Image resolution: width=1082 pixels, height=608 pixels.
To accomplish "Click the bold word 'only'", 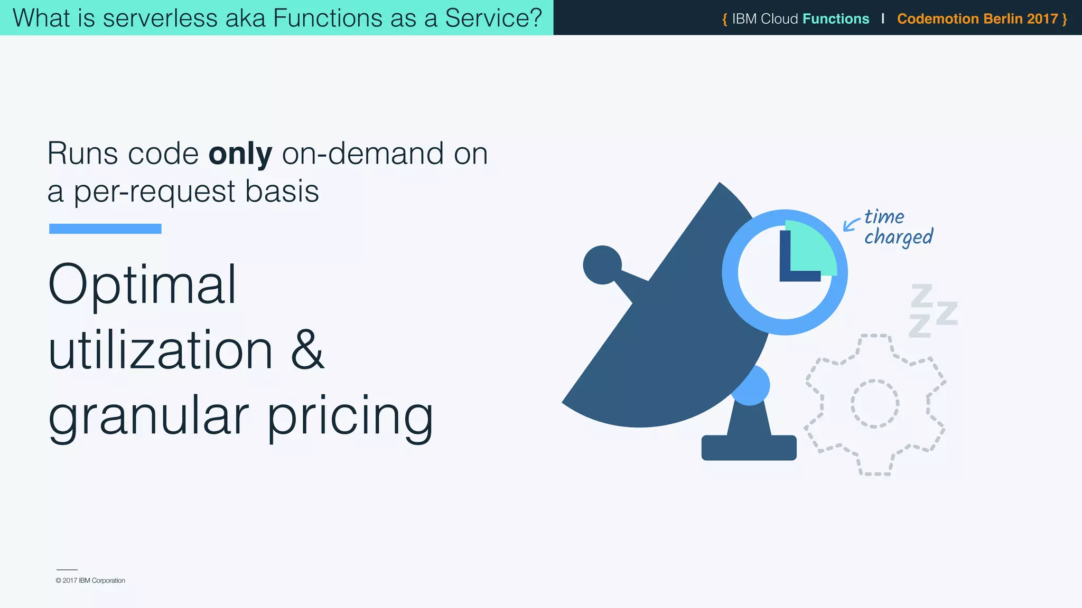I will coord(240,154).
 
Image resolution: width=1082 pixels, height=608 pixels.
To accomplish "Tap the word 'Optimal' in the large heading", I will coord(142,285).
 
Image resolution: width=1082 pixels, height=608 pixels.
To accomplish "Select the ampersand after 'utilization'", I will coord(307,350).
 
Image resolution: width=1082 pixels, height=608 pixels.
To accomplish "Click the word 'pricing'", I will coord(350,417).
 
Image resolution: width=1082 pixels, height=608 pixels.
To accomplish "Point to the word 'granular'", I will coord(148,417).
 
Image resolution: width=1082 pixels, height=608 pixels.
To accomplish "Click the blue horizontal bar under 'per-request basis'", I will coord(105,229).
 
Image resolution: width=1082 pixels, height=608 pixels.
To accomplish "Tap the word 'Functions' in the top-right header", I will coord(835,19).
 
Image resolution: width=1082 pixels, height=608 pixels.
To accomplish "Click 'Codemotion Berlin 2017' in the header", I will coord(977,19).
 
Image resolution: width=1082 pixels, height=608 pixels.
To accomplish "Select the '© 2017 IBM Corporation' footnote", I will coord(90,581).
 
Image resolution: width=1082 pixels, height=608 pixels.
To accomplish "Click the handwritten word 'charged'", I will coord(899,237).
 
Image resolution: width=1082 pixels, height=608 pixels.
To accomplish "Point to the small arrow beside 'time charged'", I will coord(850,225).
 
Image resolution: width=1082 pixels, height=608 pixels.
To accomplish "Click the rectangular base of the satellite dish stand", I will coord(749,448).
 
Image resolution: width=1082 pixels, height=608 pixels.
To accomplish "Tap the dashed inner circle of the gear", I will coord(874,404).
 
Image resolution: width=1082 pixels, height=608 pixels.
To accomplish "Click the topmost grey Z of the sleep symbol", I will coord(922,295).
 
